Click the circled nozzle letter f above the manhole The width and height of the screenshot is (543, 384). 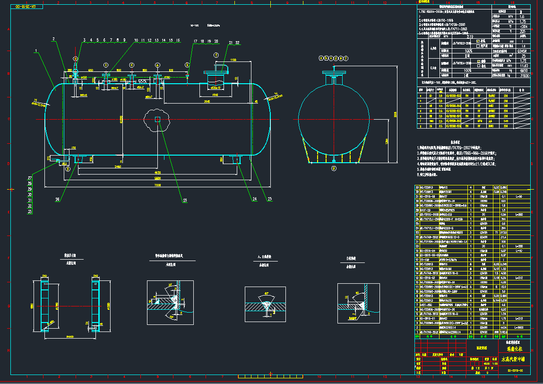[216, 55]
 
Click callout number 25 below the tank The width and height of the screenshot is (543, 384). [185, 201]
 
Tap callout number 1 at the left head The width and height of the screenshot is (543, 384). [36, 50]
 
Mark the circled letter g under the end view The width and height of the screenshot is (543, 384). [334, 167]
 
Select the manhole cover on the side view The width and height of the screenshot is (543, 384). [217, 72]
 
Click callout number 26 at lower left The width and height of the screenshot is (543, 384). [57, 200]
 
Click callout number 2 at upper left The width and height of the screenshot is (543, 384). [54, 39]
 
